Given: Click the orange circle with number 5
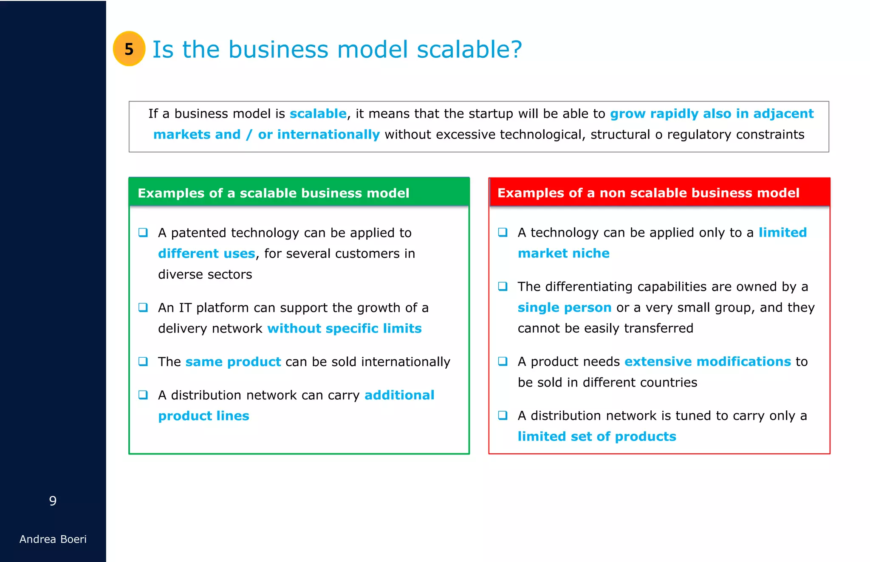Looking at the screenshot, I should coord(129,49).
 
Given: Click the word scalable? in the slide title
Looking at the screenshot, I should coord(469,49).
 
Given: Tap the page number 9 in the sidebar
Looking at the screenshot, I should coord(53,501).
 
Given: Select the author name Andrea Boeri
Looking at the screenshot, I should coord(53,539).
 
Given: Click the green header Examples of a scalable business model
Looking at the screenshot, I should coord(273,193).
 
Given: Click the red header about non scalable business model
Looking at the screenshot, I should coord(648,193).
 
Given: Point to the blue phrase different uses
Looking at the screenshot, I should coord(206,254).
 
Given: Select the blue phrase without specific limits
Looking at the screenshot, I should coord(344,328).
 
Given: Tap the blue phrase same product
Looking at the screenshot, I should coord(233,362).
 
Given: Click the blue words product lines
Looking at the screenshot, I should coord(203,416).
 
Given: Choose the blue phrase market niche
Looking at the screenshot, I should coord(563,253).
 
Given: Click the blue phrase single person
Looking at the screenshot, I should coord(564,308).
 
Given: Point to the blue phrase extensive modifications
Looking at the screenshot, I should coord(707,361).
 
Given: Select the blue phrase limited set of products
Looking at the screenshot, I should coord(596,437).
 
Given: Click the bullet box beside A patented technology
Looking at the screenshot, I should coord(143,232).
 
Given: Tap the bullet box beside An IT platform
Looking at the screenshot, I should coord(143,307).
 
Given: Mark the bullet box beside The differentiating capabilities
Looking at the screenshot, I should coord(503,286).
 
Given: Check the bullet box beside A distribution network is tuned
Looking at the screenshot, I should coord(503,415).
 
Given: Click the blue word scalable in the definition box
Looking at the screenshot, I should coord(318,114).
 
